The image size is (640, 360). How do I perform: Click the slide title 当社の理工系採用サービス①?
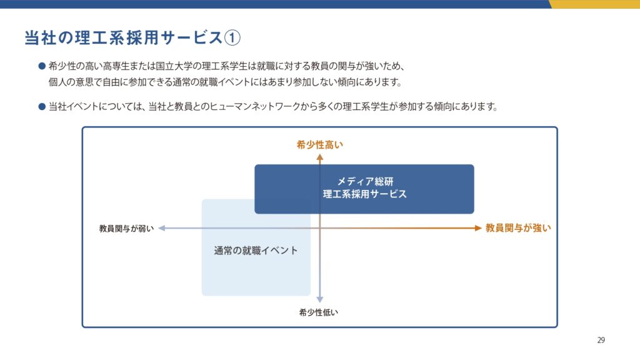[132, 37]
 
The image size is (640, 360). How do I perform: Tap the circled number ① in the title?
[232, 38]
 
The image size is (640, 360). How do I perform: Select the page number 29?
[601, 340]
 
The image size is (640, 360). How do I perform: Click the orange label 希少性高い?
[319, 145]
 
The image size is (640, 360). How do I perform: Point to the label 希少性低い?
[318, 312]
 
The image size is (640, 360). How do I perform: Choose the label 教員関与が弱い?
[126, 229]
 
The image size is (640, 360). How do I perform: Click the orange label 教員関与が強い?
[518, 228]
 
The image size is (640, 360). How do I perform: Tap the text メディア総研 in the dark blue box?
[365, 182]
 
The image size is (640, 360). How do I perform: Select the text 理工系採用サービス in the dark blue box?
[365, 194]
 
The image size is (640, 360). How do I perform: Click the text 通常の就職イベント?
[256, 251]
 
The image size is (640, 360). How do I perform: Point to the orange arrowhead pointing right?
[478, 228]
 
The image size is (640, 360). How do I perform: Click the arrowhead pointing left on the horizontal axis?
[162, 228]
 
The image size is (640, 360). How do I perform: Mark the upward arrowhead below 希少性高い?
[319, 157]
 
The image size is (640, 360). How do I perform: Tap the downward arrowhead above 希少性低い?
[319, 299]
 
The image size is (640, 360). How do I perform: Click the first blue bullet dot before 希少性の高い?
[42, 66]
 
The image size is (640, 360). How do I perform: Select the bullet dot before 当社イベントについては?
[42, 107]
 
